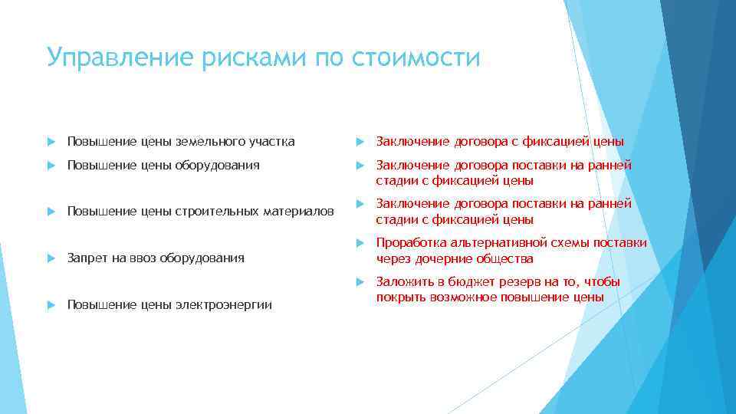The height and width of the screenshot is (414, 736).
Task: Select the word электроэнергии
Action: pyautogui.click(x=231, y=305)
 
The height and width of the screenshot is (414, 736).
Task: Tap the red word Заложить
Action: pyautogui.click(x=402, y=282)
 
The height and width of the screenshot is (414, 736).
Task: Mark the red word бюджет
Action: pyautogui.click(x=461, y=282)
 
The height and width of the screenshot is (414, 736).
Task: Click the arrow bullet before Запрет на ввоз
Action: pyautogui.click(x=51, y=258)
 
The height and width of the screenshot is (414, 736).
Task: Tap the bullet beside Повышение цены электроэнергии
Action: pyautogui.click(x=51, y=305)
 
